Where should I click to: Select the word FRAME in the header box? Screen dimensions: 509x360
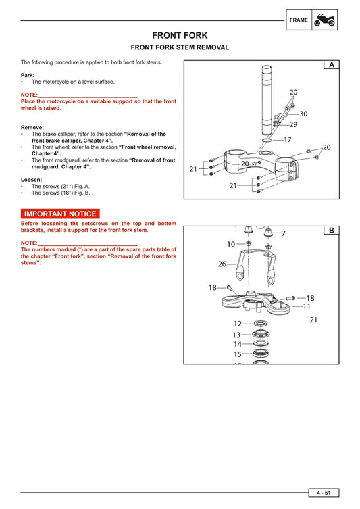pos(299,20)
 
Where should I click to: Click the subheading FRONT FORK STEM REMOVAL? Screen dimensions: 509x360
pos(180,47)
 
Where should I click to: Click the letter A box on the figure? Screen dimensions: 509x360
pos(332,65)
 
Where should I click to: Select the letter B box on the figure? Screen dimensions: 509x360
pos(332,231)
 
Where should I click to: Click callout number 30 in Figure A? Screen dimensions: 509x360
pos(303,114)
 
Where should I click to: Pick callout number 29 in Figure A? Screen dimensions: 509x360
pos(293,124)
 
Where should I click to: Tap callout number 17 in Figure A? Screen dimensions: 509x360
pos(287,140)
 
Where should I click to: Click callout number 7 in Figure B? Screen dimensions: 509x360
pos(284,233)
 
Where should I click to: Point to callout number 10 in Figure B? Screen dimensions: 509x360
pos(231,244)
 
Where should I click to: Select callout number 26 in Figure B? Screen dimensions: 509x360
pos(222,264)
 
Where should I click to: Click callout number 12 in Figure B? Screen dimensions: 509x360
pos(237,324)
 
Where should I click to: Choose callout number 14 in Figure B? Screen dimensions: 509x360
pos(237,344)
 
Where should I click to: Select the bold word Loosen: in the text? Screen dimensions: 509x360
pos(32,179)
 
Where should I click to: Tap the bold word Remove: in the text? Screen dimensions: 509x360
pos(32,127)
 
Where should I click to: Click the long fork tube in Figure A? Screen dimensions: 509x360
pos(267,101)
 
